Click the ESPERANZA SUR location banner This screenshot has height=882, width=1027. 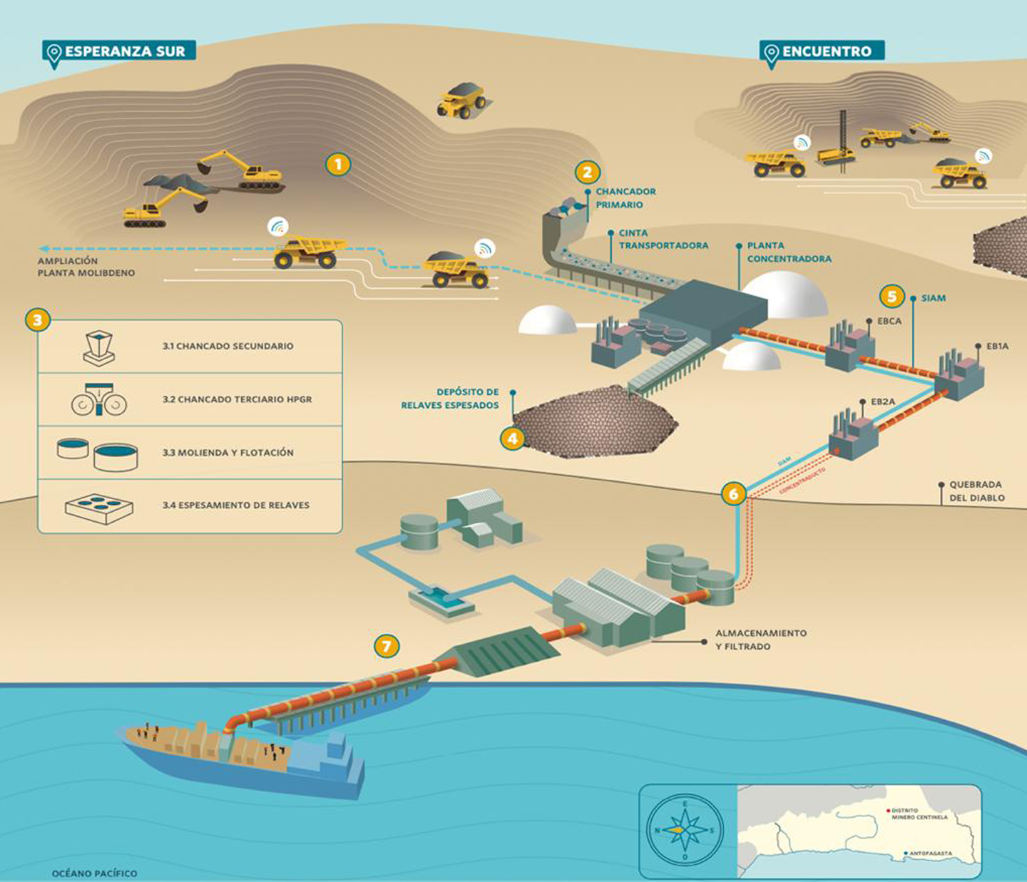tap(118, 51)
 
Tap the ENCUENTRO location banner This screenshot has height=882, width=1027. tap(822, 51)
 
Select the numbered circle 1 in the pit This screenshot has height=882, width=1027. tap(338, 165)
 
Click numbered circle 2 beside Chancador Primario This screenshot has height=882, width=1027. tap(587, 172)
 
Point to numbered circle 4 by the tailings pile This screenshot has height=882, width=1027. tap(512, 438)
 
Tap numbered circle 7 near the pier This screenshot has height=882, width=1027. tap(387, 646)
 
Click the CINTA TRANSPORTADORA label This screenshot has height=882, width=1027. tap(663, 239)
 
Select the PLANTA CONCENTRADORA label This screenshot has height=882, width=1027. tap(789, 252)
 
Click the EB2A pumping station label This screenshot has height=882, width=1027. tap(882, 402)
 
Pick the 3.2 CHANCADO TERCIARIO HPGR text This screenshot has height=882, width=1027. tap(237, 399)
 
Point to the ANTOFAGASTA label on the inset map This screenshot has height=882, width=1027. tap(930, 853)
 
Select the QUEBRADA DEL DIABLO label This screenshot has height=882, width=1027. tap(976, 491)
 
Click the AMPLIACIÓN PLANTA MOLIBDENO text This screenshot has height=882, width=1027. tap(86, 267)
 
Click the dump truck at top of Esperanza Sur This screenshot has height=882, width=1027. tap(461, 100)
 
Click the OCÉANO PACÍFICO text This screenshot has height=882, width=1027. tap(94, 873)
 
